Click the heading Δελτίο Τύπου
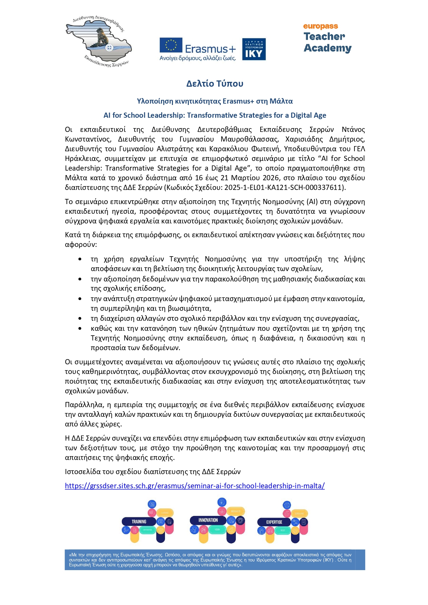pyautogui.click(x=215, y=84)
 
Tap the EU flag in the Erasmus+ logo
pyautogui.click(x=171, y=45)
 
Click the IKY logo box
pyautogui.click(x=254, y=49)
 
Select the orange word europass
pyautogui.click(x=321, y=26)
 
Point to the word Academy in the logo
pyautogui.click(x=328, y=48)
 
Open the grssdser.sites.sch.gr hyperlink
pyautogui.click(x=195, y=486)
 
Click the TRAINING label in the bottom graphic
pyautogui.click(x=139, y=521)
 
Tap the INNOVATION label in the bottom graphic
pyautogui.click(x=208, y=520)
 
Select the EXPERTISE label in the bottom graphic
pyautogui.click(x=274, y=522)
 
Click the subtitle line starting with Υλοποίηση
pyautogui.click(x=215, y=101)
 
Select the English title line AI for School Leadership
pyautogui.click(x=215, y=115)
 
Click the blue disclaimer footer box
pyautogui.click(x=215, y=560)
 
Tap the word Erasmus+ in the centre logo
pyautogui.click(x=210, y=49)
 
